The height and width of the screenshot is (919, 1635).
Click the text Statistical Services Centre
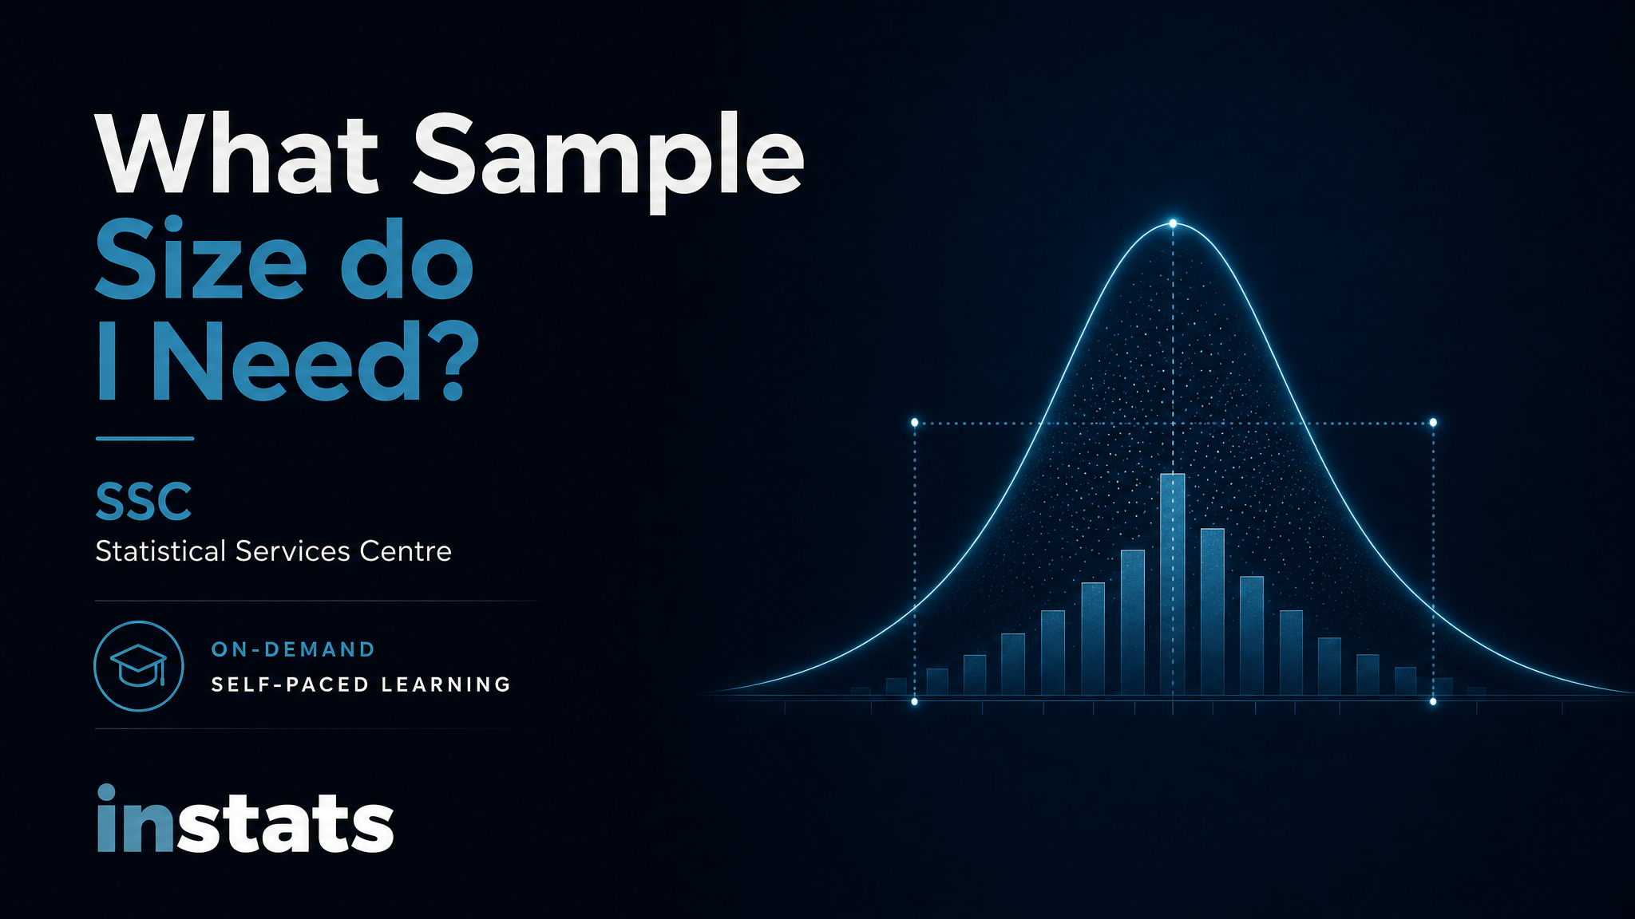click(273, 551)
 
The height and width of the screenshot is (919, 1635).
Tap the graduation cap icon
click(139, 666)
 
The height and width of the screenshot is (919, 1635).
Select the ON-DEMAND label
click(293, 649)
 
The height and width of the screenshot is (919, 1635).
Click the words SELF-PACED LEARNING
click(361, 684)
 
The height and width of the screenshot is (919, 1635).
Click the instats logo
click(245, 819)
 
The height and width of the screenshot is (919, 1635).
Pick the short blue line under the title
click(144, 438)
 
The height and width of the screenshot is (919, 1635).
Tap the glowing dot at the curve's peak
click(1173, 223)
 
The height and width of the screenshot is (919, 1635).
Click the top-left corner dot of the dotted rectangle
click(915, 422)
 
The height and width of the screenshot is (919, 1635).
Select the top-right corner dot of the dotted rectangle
click(1433, 422)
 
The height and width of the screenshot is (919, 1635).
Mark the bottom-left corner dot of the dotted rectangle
click(915, 702)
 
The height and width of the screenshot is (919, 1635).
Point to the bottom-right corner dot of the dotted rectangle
click(1433, 702)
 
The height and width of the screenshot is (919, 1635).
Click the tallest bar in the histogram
click(1173, 584)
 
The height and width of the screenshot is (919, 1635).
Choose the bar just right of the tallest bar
click(1213, 611)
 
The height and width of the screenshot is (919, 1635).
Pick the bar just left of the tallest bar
click(1133, 622)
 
